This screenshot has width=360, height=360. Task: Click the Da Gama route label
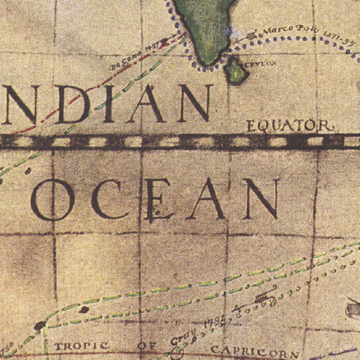click(127, 58)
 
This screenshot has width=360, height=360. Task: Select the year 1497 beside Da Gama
click(152, 47)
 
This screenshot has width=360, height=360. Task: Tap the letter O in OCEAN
click(53, 199)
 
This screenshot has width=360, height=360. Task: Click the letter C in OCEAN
click(107, 199)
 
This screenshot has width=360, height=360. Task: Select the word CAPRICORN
click(255, 351)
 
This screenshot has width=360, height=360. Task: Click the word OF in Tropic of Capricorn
click(147, 346)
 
